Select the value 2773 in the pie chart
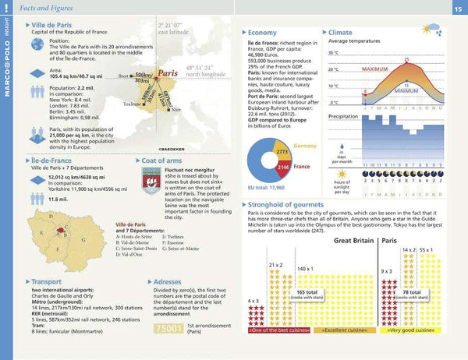pos(282,150)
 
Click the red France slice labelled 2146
pos(284,167)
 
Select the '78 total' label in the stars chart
pos(412,292)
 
